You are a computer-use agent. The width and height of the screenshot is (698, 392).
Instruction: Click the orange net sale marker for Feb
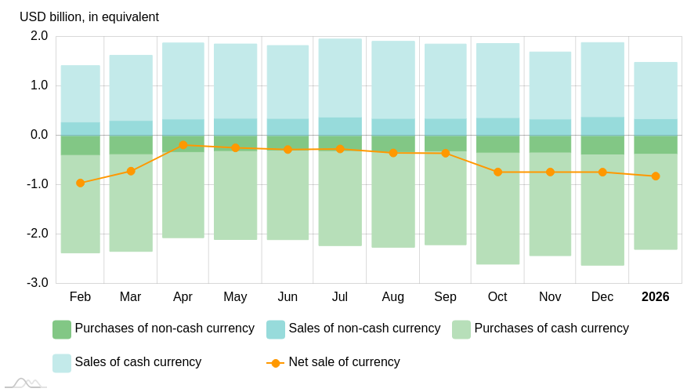[x=80, y=183]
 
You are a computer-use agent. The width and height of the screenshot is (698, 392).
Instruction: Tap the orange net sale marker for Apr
[x=183, y=145]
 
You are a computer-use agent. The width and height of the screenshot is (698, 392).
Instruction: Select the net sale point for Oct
[x=497, y=172]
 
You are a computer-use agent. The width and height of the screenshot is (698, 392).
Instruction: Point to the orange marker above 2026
[x=656, y=176]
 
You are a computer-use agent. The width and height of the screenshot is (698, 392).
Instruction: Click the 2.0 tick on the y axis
[x=39, y=36]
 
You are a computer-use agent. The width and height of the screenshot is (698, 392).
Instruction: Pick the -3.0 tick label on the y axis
[x=38, y=283]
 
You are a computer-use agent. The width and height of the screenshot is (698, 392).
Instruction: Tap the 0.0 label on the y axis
[x=39, y=135]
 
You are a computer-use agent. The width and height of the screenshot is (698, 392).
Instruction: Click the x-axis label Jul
[x=340, y=297]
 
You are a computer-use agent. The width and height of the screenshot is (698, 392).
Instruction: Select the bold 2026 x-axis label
[x=656, y=297]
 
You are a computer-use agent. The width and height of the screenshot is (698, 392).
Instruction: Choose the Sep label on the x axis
[x=445, y=297]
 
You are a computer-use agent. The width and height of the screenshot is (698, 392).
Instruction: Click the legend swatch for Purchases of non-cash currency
[x=62, y=329]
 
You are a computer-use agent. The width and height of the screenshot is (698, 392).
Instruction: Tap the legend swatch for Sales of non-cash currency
[x=276, y=329]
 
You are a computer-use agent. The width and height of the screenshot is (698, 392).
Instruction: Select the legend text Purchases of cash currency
[x=552, y=328]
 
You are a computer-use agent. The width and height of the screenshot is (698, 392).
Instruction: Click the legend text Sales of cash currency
[x=138, y=362]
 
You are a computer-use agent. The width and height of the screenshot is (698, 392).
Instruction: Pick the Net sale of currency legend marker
[x=275, y=363]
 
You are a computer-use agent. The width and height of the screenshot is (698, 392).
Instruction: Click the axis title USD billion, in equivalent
[x=89, y=17]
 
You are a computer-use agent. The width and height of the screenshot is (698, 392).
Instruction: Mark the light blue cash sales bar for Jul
[x=340, y=78]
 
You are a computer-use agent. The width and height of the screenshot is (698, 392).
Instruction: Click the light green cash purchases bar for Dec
[x=602, y=210]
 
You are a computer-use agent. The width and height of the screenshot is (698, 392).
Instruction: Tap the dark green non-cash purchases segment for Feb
[x=80, y=145]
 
